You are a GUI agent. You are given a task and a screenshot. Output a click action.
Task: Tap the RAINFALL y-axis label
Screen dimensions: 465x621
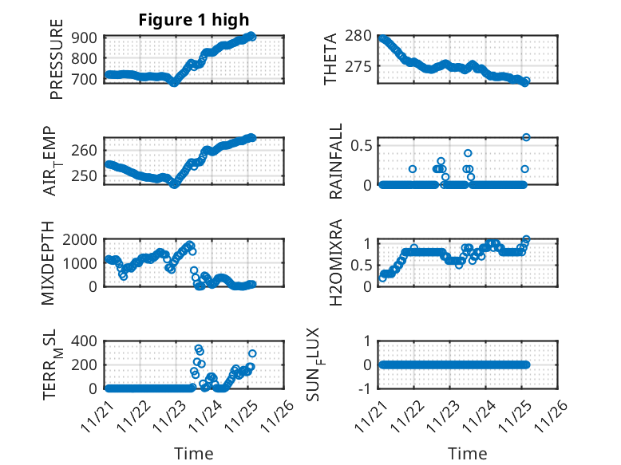[336, 161]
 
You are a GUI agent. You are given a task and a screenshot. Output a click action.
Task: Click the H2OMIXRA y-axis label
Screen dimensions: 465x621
[336, 262]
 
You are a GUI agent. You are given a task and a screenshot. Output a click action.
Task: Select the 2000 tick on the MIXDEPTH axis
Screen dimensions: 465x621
[81, 239]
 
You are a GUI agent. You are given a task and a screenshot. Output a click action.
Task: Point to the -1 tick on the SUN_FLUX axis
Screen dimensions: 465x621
[366, 388]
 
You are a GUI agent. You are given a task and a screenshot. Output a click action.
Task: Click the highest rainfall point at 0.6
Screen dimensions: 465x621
[526, 137]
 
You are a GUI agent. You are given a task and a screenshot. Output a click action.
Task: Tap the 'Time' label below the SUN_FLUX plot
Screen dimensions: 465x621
[468, 454]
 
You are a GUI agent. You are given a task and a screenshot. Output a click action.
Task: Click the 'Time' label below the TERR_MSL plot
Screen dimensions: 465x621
[194, 454]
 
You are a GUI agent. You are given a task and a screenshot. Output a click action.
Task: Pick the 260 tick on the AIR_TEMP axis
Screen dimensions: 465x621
[89, 150]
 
